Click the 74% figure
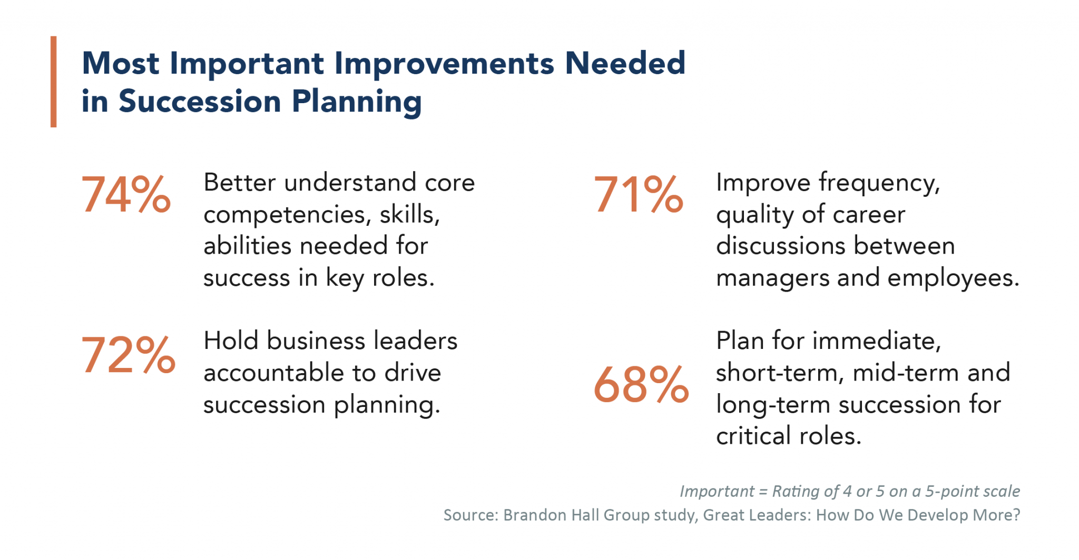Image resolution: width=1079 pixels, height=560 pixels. (126, 195)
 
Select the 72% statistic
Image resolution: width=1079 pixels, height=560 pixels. (128, 355)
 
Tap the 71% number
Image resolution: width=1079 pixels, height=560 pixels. (638, 195)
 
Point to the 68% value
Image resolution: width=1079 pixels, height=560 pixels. (641, 385)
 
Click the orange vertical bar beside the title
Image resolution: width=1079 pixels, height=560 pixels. (53, 82)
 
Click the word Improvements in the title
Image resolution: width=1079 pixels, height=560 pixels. (444, 64)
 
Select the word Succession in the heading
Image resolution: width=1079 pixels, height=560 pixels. (200, 101)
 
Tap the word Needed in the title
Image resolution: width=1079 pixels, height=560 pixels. (625, 63)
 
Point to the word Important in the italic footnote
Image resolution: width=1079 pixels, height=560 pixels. (717, 491)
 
